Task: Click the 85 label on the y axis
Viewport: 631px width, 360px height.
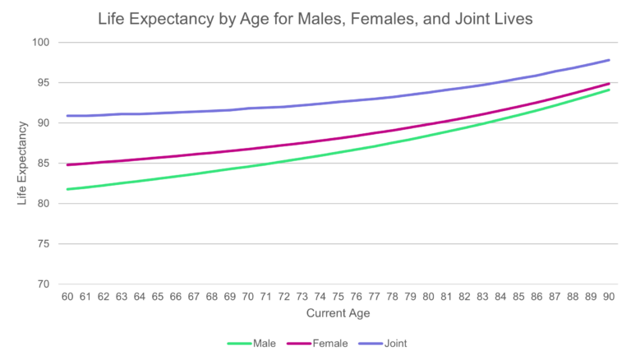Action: point(44,164)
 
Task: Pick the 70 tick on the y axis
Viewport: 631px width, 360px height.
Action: point(44,284)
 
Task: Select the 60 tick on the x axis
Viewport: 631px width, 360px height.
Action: point(67,297)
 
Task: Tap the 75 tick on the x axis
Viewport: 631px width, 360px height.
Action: point(338,297)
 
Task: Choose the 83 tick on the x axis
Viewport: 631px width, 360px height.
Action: point(482,297)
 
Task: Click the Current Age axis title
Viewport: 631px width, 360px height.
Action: point(338,314)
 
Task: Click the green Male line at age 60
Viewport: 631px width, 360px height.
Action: point(67,189)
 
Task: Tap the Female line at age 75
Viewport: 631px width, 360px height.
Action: point(338,138)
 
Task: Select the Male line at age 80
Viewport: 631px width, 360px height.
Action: point(428,135)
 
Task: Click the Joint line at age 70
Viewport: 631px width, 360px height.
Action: point(248,108)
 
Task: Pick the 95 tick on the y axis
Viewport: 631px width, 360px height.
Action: point(44,83)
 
